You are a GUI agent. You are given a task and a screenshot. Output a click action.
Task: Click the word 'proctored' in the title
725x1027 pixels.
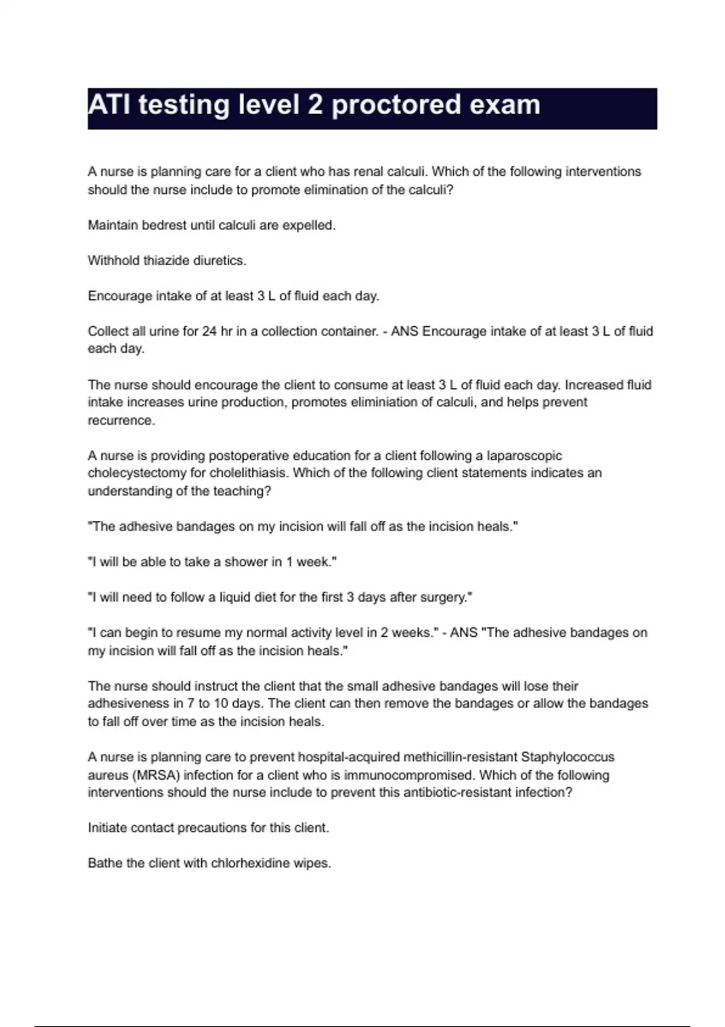[x=395, y=106]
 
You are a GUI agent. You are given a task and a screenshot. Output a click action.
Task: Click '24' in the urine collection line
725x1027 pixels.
[x=210, y=331]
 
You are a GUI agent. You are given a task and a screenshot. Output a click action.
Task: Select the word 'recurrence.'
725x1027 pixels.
[x=121, y=420]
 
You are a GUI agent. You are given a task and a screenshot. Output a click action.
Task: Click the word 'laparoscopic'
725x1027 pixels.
[x=524, y=456]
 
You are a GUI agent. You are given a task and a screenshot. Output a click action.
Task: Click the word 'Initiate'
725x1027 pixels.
[x=107, y=828]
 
